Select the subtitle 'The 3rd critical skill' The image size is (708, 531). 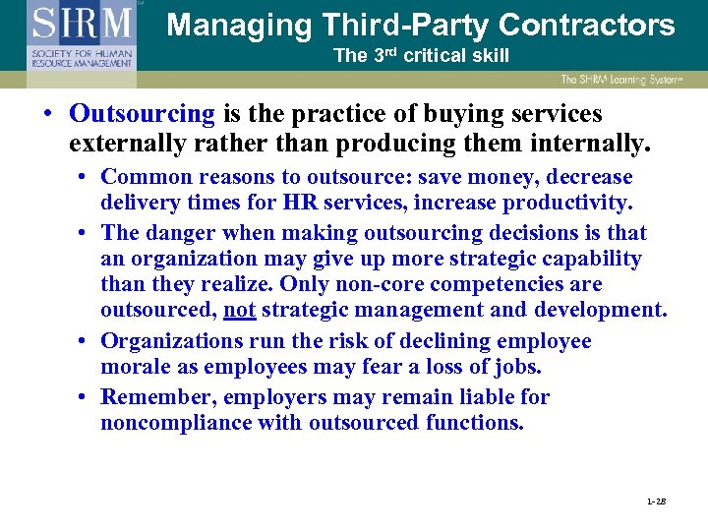pyautogui.click(x=421, y=56)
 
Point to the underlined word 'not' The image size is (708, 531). pyautogui.click(x=240, y=311)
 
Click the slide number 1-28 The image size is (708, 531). pyautogui.click(x=657, y=501)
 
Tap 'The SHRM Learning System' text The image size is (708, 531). pyautogui.click(x=623, y=80)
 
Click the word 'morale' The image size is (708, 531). pyautogui.click(x=135, y=367)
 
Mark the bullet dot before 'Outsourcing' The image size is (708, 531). pyautogui.click(x=46, y=114)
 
